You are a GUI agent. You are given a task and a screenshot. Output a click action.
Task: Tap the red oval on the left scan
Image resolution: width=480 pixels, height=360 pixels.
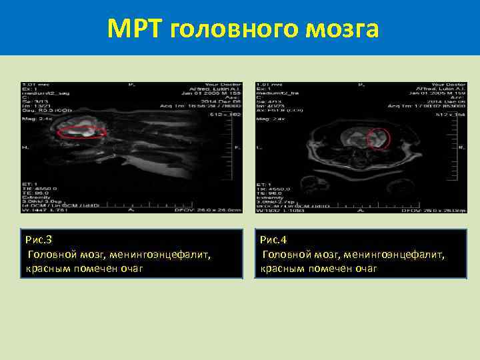click(x=82, y=132)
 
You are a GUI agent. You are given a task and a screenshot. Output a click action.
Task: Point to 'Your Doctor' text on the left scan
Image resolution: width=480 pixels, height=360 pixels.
click(x=224, y=85)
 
